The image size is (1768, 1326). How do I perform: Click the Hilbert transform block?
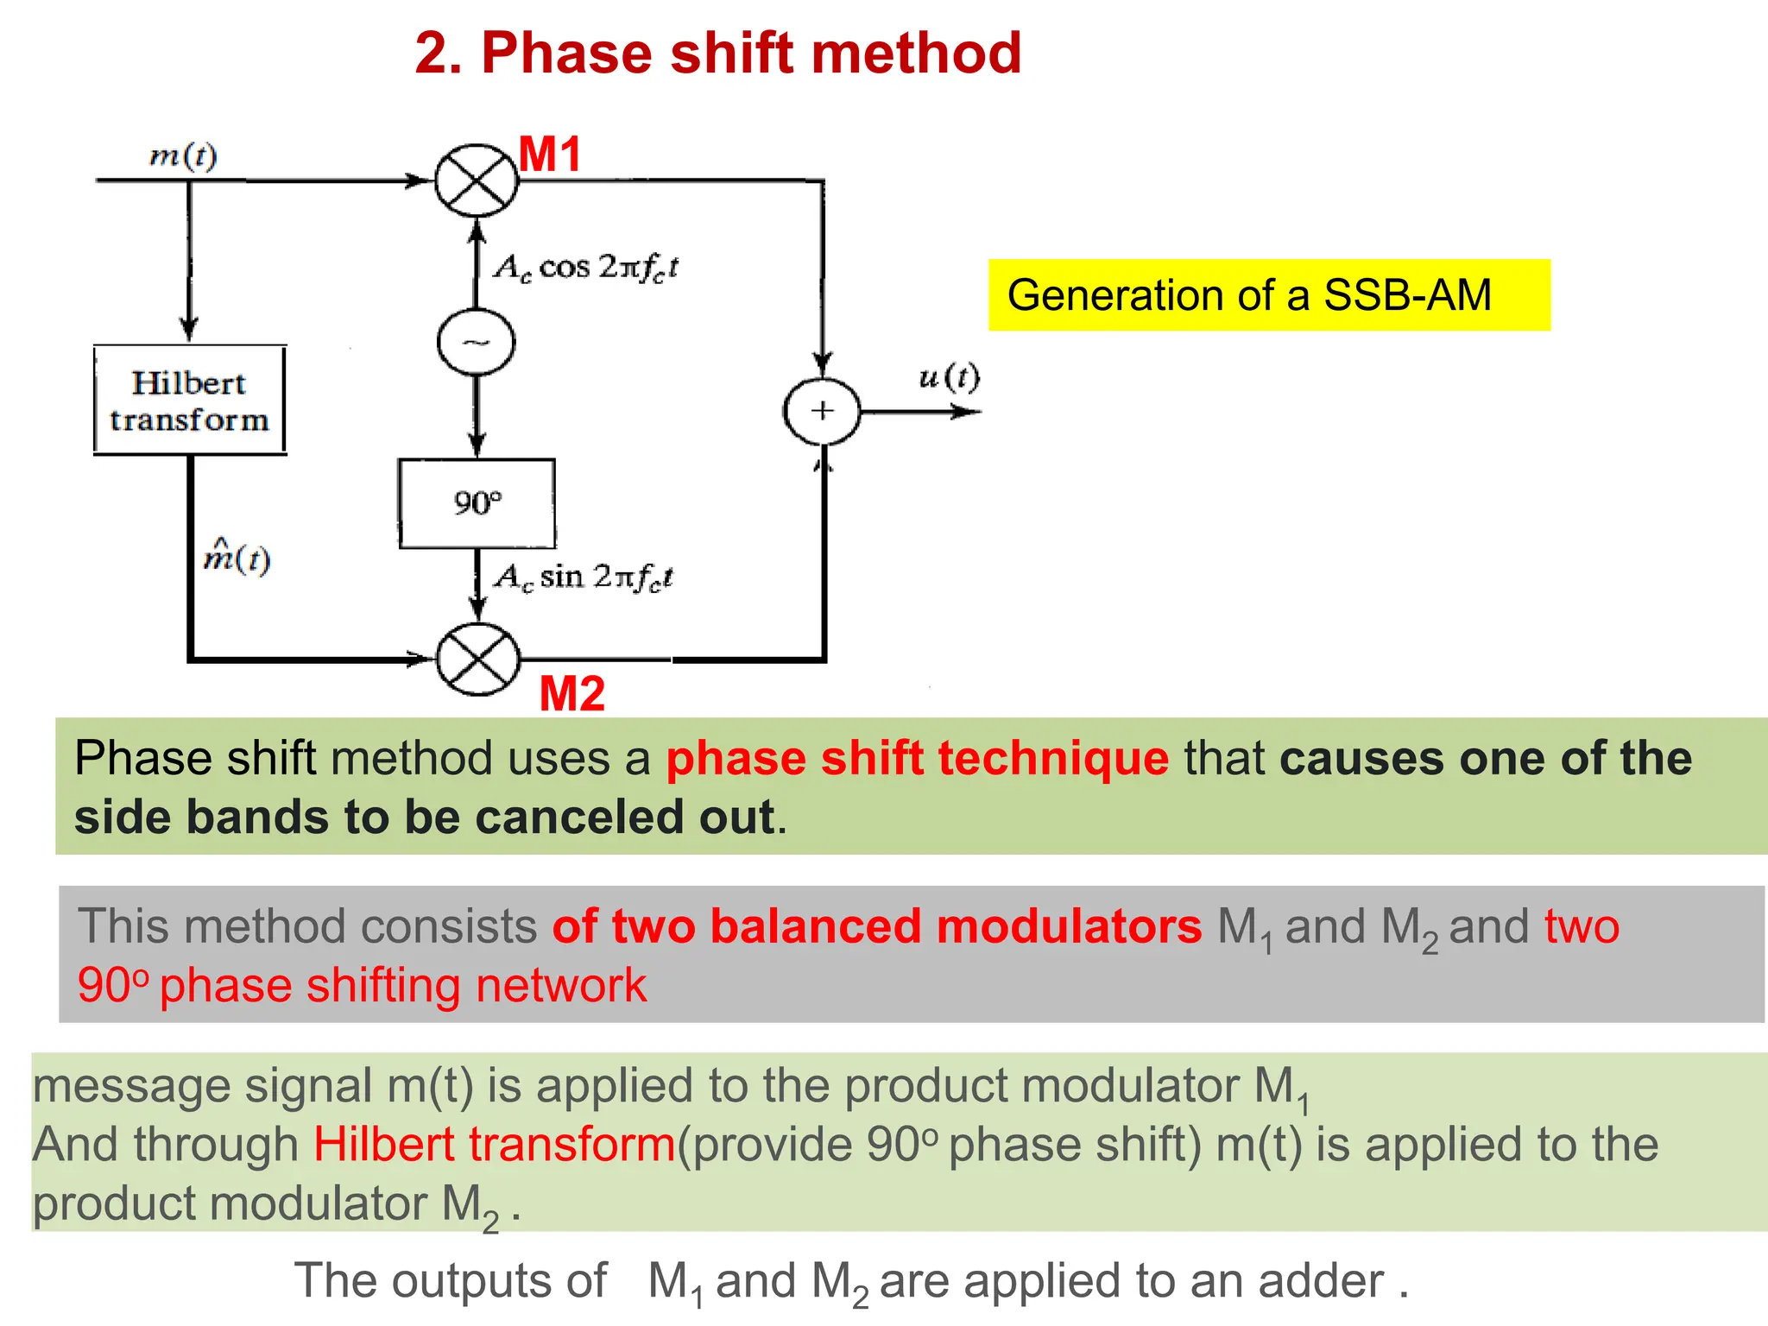coord(189,401)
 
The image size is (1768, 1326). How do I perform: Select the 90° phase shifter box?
coord(477,503)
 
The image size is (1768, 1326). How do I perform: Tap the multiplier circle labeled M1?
coord(476,180)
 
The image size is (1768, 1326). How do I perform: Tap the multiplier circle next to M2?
coord(477,660)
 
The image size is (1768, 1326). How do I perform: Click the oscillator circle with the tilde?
coord(476,342)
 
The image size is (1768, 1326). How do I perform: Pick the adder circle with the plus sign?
coord(822,412)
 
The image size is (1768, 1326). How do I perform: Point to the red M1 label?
coord(550,155)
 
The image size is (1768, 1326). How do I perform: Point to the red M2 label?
coord(571,693)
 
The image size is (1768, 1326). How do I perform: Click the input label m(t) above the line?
coord(183,155)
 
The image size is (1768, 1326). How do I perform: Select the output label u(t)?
coord(949,377)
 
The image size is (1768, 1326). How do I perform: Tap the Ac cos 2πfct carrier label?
coord(586,267)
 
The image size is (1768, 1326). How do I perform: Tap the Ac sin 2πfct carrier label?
coord(584,577)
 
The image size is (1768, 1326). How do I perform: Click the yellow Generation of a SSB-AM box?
coord(1268,295)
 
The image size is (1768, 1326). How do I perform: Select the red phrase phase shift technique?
coord(917,759)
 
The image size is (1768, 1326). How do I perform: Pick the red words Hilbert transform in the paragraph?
coord(494,1145)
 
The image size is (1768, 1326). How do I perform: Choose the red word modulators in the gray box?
coord(1069,926)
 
